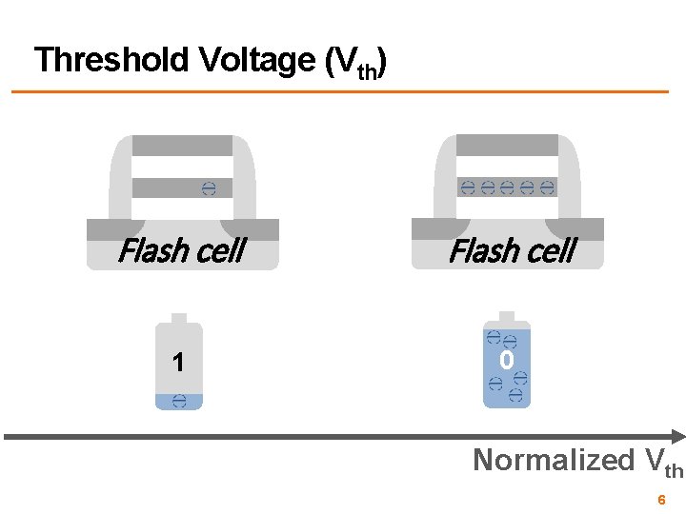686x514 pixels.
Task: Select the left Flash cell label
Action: click(180, 251)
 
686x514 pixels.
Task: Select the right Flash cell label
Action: click(511, 251)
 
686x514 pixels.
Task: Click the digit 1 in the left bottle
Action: click(178, 363)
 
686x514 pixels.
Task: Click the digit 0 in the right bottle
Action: click(507, 361)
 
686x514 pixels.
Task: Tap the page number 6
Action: click(660, 500)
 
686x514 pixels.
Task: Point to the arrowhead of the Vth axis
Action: click(676, 436)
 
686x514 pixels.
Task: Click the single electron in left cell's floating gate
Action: click(209, 188)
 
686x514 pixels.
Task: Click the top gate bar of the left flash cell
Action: click(182, 146)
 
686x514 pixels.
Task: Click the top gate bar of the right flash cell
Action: click(507, 145)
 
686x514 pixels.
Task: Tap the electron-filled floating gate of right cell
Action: click(507, 187)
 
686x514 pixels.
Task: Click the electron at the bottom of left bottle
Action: click(179, 402)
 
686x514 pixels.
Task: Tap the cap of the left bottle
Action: click(179, 319)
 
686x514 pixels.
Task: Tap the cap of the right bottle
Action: click(507, 317)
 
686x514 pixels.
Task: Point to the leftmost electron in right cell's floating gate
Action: click(468, 187)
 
